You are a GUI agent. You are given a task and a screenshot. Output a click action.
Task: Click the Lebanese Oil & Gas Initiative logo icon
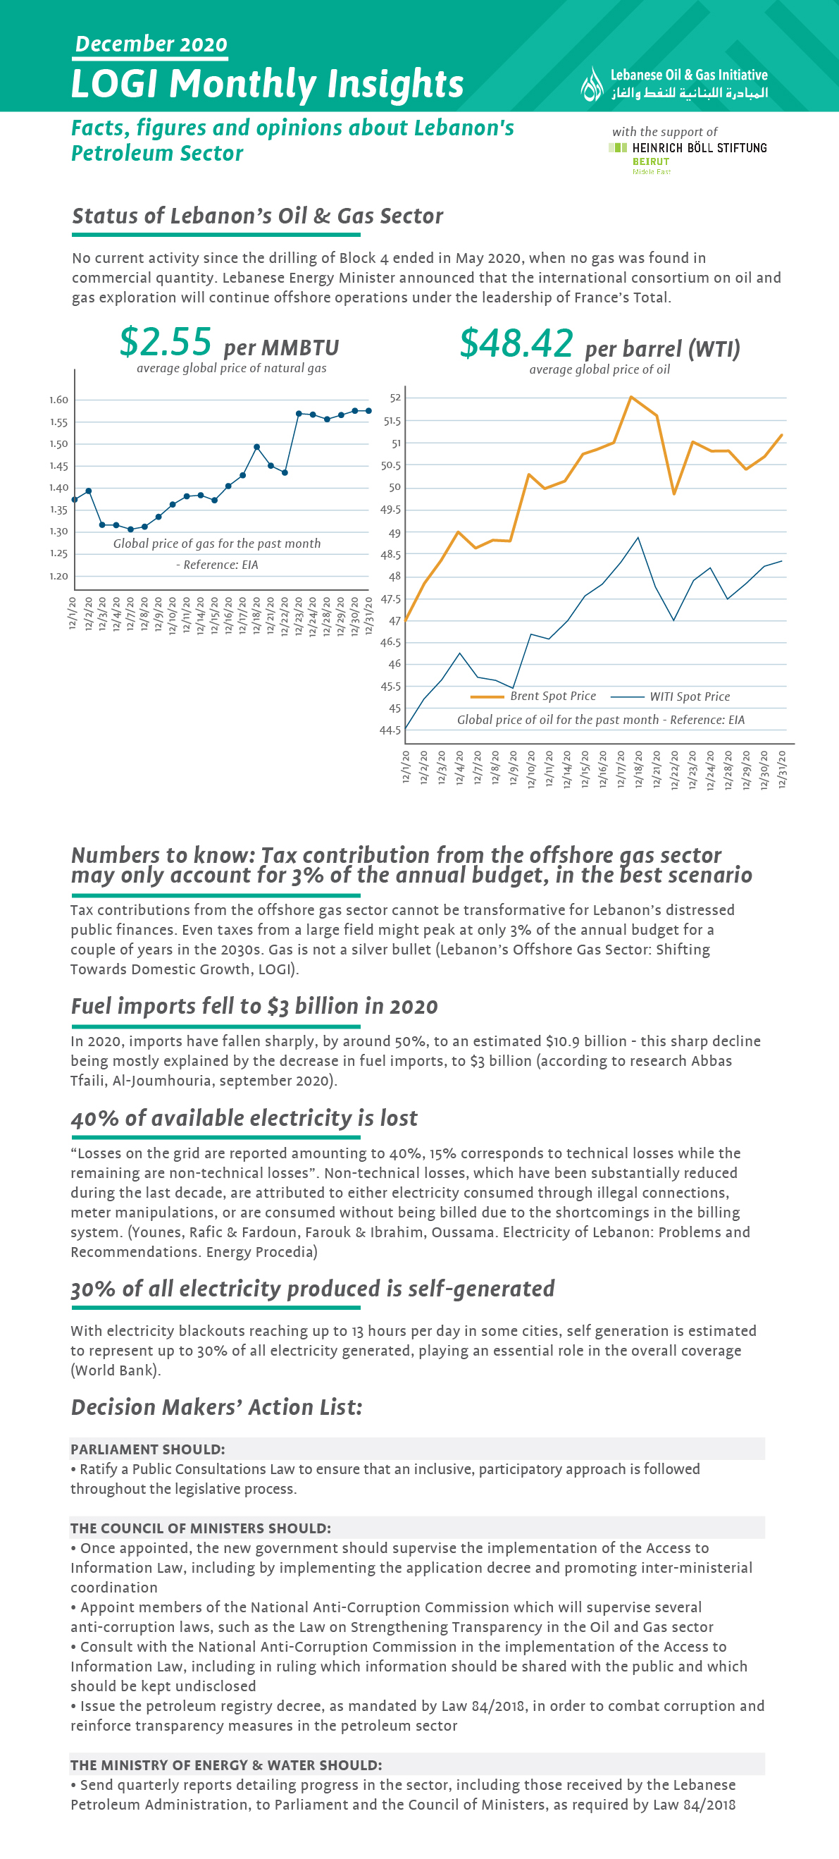point(592,84)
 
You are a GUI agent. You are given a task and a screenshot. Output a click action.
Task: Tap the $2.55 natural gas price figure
point(166,341)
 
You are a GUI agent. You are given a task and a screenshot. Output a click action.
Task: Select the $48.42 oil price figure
point(516,343)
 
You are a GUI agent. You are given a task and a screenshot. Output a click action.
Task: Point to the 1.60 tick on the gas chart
point(59,400)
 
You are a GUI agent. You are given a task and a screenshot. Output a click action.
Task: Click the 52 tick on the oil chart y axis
point(395,398)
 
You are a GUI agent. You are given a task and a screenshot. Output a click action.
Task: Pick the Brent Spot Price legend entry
point(533,697)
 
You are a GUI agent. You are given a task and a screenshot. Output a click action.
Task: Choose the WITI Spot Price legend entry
point(670,697)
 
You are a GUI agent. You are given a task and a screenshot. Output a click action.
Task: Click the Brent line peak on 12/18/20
point(630,397)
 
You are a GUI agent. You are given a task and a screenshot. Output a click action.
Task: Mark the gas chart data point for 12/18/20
point(257,448)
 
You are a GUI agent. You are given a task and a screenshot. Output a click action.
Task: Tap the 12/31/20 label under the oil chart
point(783,769)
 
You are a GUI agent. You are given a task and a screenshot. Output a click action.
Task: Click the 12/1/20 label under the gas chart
point(73,613)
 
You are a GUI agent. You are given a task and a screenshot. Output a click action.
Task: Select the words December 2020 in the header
point(151,44)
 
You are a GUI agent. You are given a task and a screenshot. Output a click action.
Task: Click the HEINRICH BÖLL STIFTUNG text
point(700,148)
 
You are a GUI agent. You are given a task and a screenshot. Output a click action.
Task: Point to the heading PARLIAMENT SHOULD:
point(148,1449)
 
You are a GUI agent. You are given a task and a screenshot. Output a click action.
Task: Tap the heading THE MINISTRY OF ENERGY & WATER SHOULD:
point(226,1765)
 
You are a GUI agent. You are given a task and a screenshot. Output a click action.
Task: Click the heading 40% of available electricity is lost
point(244,1118)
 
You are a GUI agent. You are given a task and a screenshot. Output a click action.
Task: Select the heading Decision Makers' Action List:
point(216,1407)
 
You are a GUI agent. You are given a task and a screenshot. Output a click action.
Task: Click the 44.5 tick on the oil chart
point(390,730)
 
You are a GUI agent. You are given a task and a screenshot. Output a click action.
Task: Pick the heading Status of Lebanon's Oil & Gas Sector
point(258,216)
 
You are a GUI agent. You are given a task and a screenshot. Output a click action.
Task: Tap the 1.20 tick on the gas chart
point(59,576)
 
